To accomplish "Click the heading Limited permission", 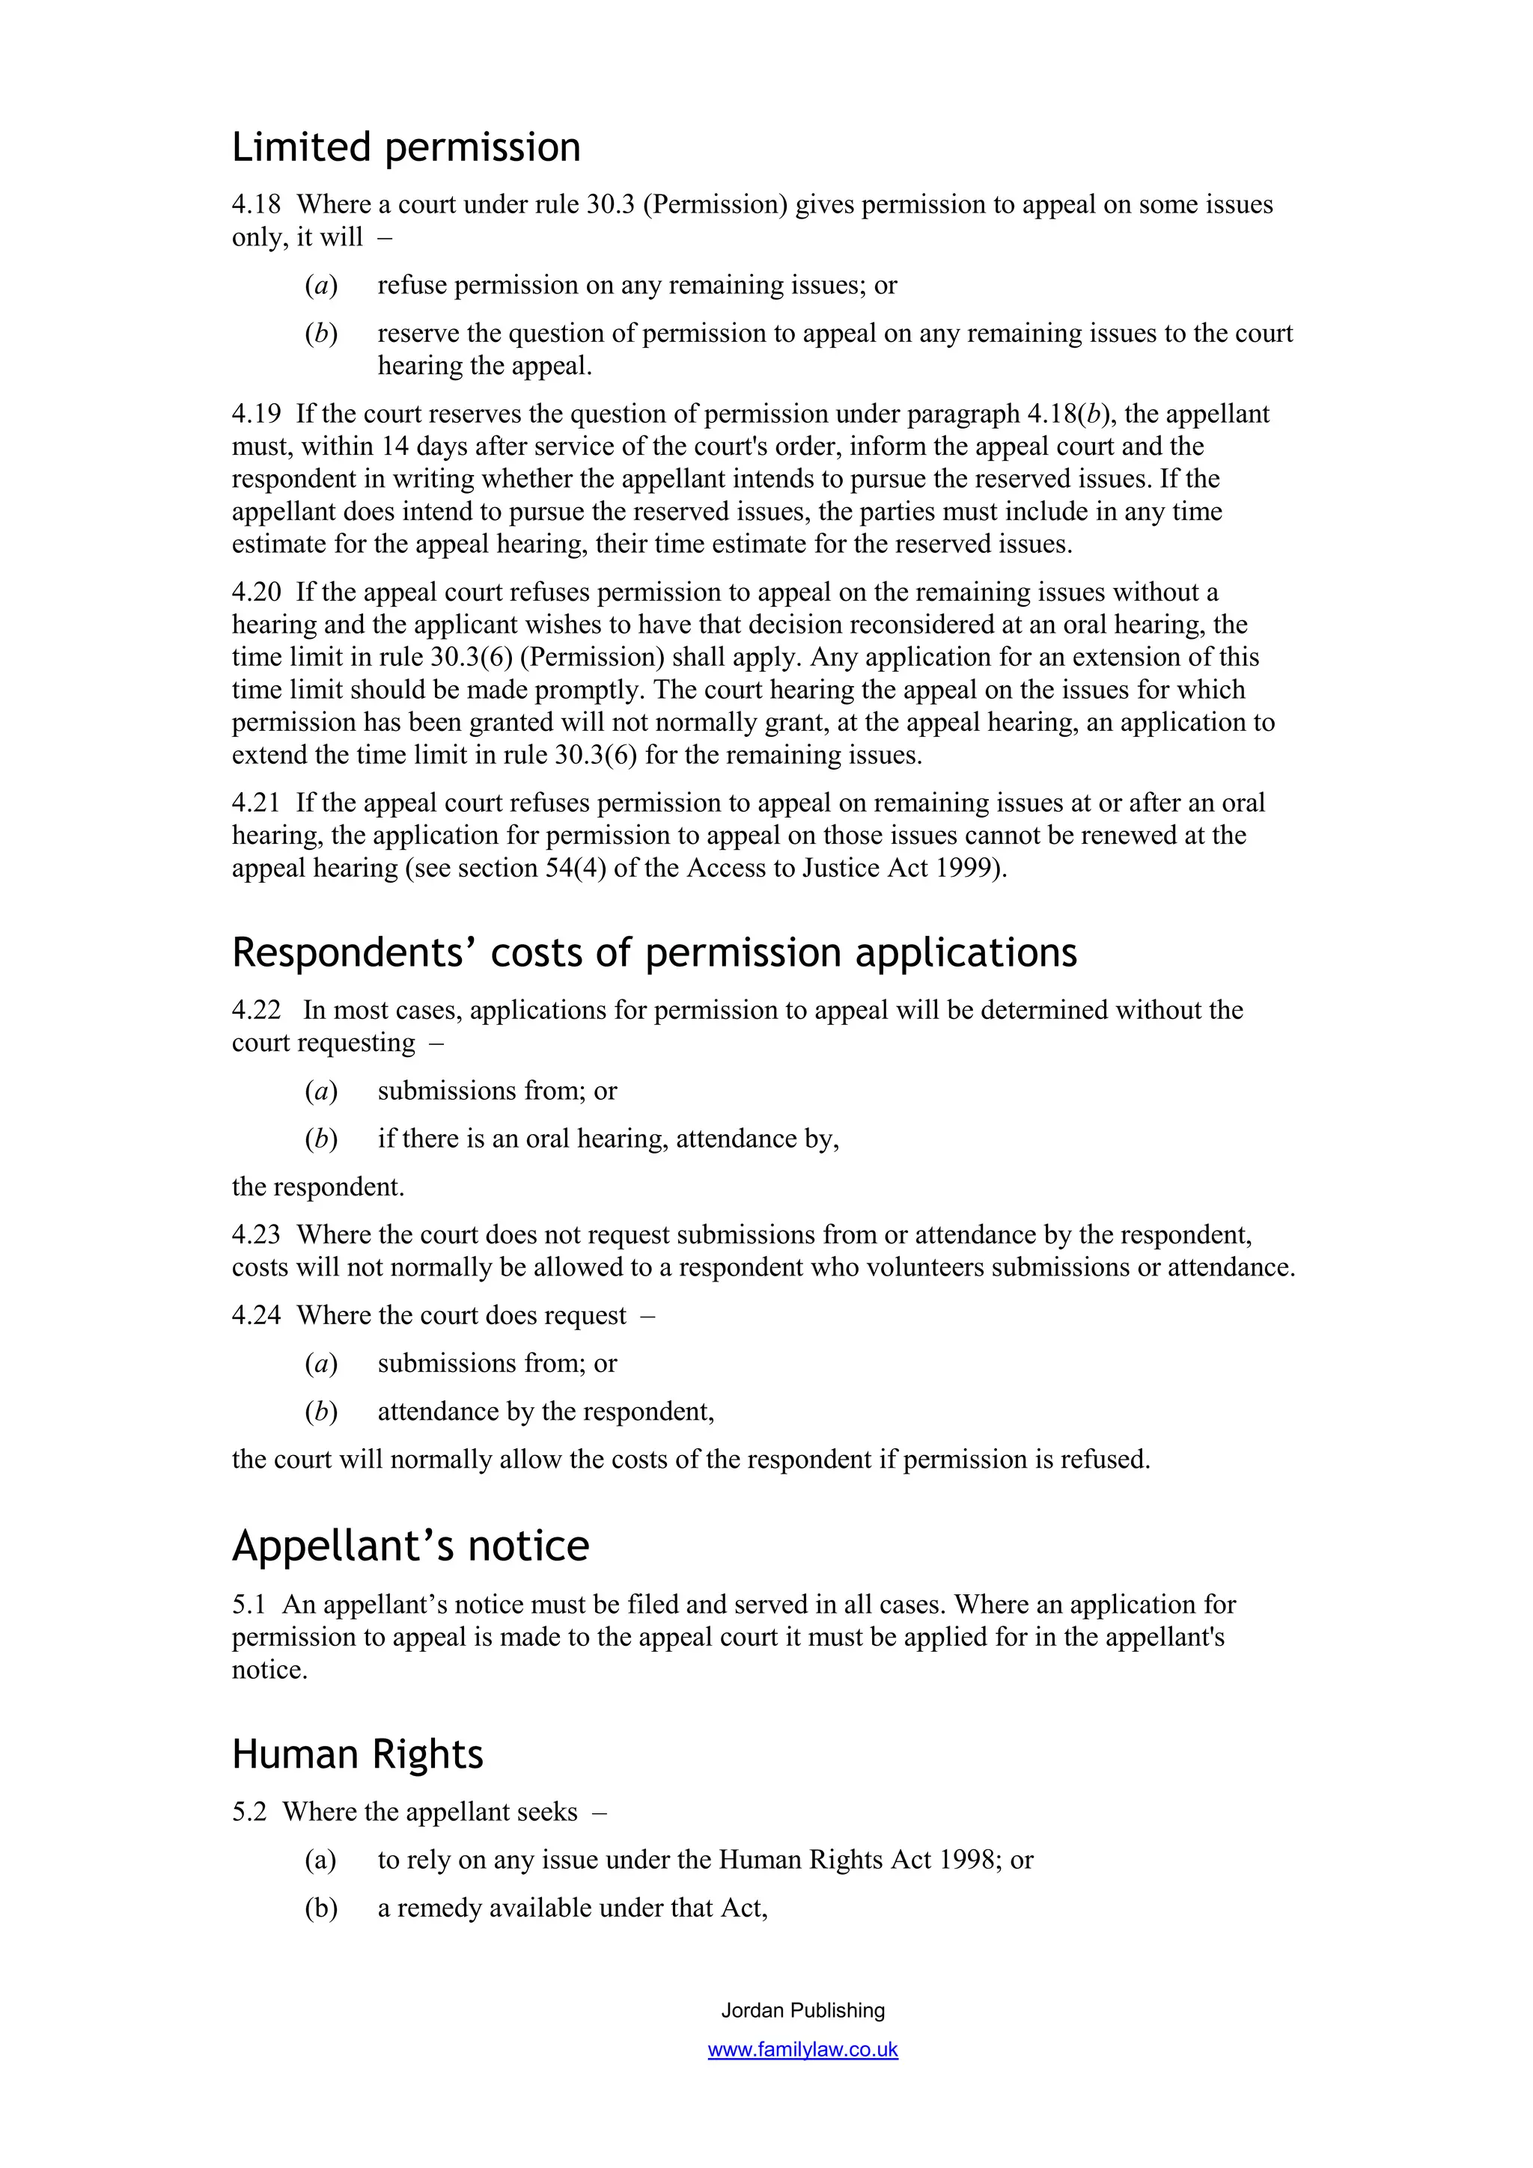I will [406, 148].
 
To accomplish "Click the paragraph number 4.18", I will [256, 205].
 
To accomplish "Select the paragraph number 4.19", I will [256, 414].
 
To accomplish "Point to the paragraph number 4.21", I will [256, 803].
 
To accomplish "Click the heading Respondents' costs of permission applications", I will [653, 953].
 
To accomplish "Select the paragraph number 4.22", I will [256, 1011].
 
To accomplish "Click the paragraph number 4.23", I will [256, 1235].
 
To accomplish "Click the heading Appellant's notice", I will [410, 1546].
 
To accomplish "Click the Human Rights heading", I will [357, 1754].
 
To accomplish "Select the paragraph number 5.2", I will [249, 1812].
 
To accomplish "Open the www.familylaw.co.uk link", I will [803, 2050].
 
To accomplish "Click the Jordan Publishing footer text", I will [803, 2010].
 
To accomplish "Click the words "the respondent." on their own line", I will [317, 1187].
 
